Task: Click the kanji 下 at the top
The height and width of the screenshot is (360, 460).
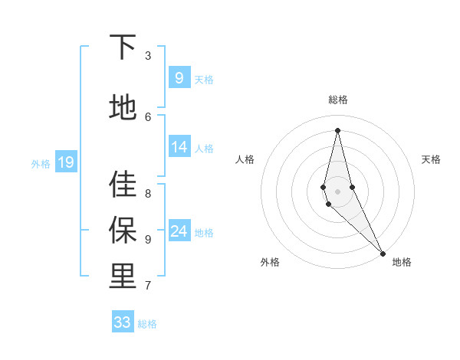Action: coord(123,47)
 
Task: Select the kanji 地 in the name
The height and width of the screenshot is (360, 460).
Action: coord(123,106)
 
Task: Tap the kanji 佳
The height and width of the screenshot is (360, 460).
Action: coord(123,184)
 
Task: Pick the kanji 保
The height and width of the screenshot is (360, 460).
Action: coord(123,230)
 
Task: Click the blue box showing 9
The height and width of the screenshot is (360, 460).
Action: coord(179,77)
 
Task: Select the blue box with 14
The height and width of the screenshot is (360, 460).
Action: coord(179,147)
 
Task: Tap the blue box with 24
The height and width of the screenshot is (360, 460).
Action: coord(179,231)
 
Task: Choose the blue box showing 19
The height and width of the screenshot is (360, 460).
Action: coord(65,162)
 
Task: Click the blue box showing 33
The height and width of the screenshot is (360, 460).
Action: coord(123,322)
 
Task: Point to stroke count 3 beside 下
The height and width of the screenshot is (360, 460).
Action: coord(148,56)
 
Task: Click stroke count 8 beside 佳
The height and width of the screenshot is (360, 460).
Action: coord(148,194)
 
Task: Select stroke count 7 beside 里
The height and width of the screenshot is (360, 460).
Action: coord(148,286)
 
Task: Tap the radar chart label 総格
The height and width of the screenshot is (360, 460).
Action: coord(337,100)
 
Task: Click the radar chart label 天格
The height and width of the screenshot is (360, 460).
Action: coord(431,159)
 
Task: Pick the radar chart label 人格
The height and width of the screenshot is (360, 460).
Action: coord(245,159)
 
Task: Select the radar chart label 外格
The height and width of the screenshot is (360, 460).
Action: coord(269,262)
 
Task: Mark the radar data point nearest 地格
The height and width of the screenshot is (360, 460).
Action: coord(383,253)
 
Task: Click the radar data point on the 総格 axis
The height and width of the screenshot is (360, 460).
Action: coord(337,129)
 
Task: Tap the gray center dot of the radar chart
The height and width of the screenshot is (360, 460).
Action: coord(337,191)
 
